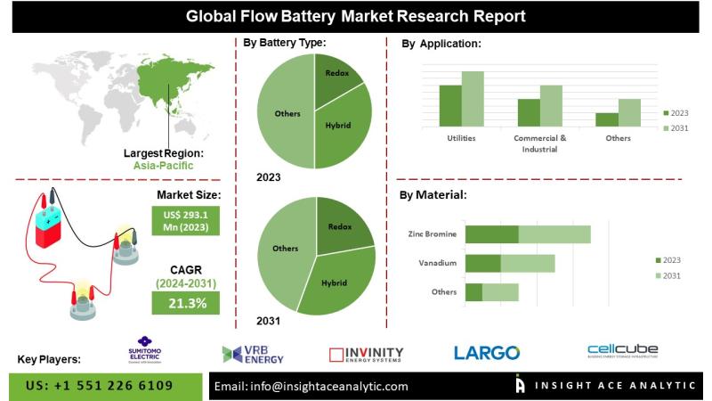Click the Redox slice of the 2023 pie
tap(336, 76)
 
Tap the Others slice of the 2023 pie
tap(285, 113)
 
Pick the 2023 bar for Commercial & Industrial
tap(529, 112)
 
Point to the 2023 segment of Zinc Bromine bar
tap(491, 234)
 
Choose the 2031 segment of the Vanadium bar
tap(528, 263)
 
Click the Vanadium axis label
tap(437, 264)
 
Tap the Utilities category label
tap(461, 138)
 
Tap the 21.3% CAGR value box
tap(188, 303)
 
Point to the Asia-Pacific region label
tap(164, 166)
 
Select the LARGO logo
tap(487, 353)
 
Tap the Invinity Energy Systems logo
tap(366, 354)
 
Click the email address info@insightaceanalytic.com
tap(311, 386)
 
